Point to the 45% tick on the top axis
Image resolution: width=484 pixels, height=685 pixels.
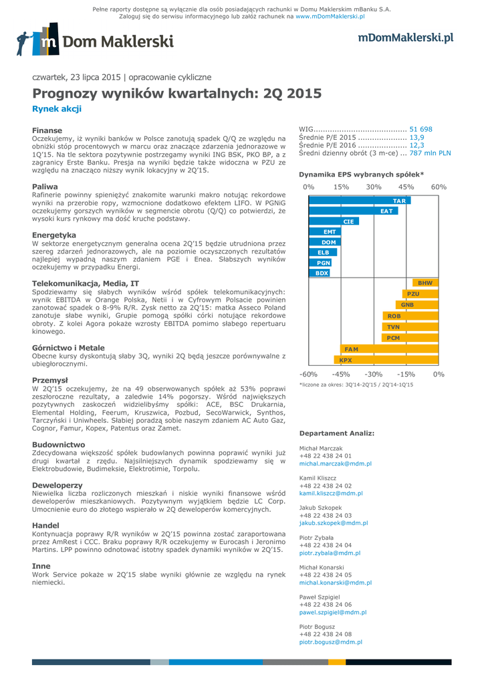point(406,187)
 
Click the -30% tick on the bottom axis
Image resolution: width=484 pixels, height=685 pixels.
point(374,374)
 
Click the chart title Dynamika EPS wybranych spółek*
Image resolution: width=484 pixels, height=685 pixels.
point(361,175)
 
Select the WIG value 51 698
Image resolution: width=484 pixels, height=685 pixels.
point(420,129)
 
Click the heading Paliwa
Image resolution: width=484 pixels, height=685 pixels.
point(45,187)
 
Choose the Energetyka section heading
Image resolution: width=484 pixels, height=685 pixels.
point(54,235)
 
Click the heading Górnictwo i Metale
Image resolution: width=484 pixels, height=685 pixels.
point(68,348)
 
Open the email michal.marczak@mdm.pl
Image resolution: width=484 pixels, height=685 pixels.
point(335,463)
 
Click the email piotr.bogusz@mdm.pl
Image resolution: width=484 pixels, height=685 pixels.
point(330,642)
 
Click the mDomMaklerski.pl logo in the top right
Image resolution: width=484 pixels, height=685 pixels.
point(405,38)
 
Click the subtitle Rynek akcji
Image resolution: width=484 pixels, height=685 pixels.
point(57,108)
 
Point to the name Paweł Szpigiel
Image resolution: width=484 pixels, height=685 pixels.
point(320,597)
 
